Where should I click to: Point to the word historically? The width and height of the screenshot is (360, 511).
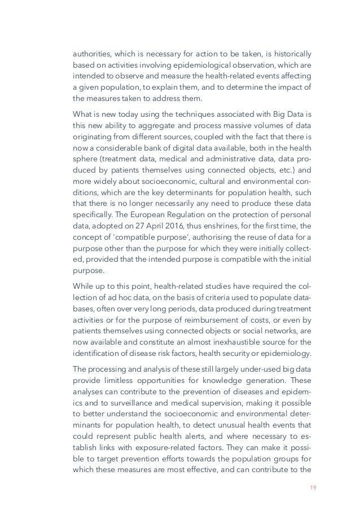289,54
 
